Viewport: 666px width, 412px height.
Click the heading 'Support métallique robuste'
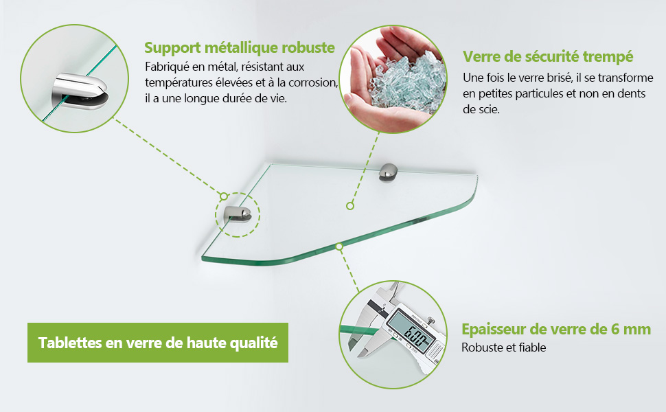pyautogui.click(x=240, y=47)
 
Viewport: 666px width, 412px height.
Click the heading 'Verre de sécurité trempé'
pyautogui.click(x=548, y=56)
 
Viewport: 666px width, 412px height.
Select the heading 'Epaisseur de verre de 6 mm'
pyautogui.click(x=556, y=329)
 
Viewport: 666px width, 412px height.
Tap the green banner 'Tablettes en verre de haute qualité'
pyautogui.click(x=158, y=343)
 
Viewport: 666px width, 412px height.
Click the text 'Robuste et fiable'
pyautogui.click(x=504, y=347)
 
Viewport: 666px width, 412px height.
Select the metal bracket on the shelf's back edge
pyautogui.click(x=388, y=172)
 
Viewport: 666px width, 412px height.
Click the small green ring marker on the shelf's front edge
pyautogui.click(x=339, y=247)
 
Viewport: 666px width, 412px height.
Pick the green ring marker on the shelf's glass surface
pyautogui.click(x=350, y=206)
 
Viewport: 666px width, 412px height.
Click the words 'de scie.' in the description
pyautogui.click(x=481, y=109)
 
